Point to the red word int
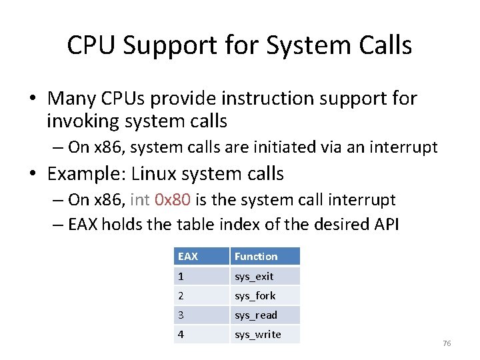140,200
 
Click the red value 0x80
172,200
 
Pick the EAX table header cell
201,257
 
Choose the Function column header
265,257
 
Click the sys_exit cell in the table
265,276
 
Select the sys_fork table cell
265,295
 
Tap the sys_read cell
265,315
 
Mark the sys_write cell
265,334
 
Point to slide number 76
447,343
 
